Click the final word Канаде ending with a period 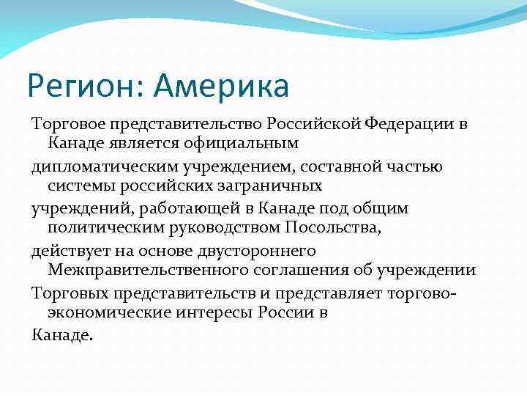tap(63, 335)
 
